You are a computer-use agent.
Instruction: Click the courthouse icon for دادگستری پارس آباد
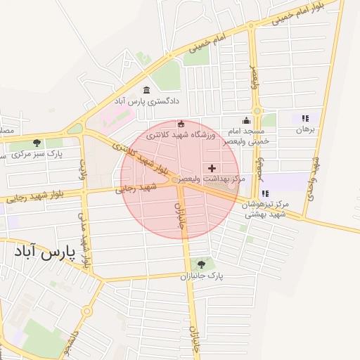pos(146,90)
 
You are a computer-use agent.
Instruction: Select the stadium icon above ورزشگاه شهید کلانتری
pos(182,124)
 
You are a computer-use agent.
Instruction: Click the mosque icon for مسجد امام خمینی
pos(245,120)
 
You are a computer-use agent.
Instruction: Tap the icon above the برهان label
pos(304,119)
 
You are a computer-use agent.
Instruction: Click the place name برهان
pos(304,130)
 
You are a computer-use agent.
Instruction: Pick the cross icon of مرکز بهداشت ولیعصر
pos(212,168)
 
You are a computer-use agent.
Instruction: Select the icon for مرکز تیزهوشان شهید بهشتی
pos(265,193)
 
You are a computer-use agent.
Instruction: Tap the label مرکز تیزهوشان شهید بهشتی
pos(264,209)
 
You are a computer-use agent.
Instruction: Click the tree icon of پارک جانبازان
pos(202,264)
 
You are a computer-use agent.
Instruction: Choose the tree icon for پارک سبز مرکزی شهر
pos(37,143)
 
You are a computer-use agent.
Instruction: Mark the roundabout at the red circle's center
pos(174,180)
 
